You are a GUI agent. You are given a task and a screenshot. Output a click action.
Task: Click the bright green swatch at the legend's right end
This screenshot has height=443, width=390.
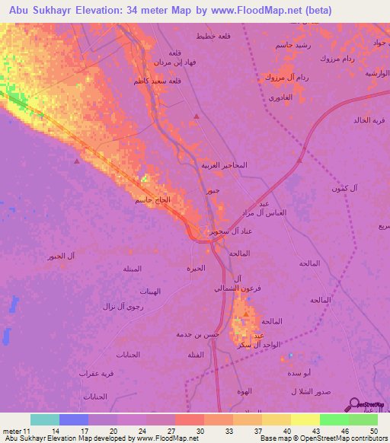pos(363,419)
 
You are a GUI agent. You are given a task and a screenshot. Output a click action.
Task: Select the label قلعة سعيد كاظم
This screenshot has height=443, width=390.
pos(147,81)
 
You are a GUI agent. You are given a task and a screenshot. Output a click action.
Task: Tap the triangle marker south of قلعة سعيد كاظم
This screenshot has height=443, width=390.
pos(197,116)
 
